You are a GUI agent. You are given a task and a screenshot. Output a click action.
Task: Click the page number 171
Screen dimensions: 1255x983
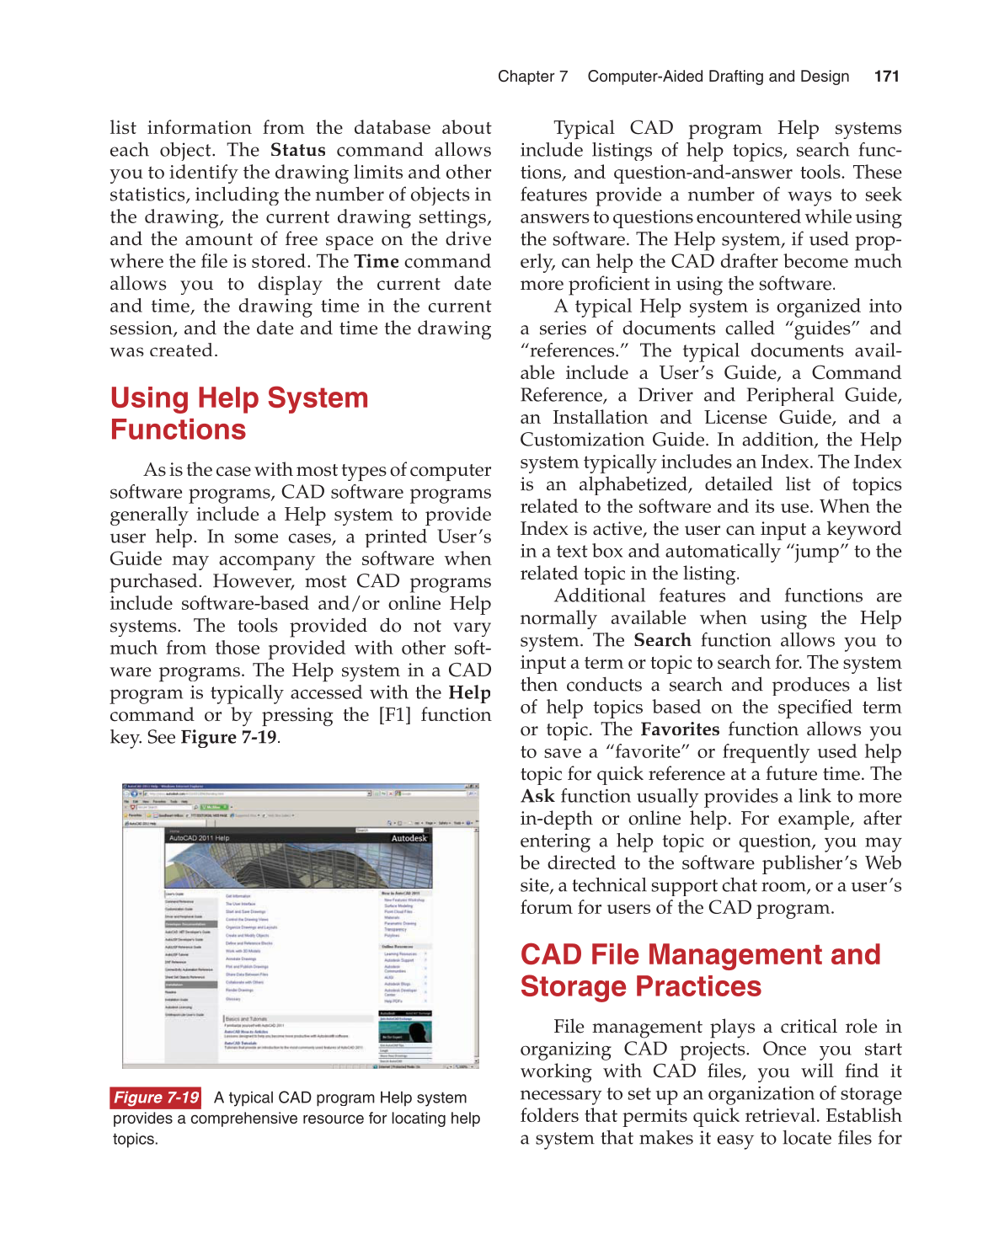point(886,77)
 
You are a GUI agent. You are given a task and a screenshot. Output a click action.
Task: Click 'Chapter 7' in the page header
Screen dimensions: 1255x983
point(532,77)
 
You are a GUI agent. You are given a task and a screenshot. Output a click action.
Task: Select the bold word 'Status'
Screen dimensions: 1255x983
point(297,150)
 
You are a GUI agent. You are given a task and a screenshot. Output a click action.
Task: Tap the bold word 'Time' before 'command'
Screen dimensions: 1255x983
point(377,261)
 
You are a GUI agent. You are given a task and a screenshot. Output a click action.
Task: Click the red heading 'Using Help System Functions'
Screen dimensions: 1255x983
point(239,414)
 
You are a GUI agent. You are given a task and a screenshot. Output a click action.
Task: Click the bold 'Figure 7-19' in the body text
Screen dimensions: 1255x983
point(228,737)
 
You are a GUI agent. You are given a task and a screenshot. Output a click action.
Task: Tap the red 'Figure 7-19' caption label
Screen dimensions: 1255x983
point(156,1097)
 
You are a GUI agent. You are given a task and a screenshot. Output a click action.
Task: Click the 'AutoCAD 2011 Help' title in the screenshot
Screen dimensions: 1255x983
point(199,838)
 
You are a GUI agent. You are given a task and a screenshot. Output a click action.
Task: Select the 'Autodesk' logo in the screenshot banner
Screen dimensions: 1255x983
point(409,838)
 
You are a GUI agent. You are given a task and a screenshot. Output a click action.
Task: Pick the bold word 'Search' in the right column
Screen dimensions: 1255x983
point(662,640)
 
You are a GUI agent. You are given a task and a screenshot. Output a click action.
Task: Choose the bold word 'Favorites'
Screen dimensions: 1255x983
point(680,729)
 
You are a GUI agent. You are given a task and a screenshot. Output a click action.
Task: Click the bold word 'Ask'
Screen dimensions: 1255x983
point(537,796)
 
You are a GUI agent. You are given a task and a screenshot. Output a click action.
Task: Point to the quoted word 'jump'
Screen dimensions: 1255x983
point(817,552)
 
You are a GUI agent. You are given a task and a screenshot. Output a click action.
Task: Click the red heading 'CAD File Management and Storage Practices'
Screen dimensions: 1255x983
point(700,970)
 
